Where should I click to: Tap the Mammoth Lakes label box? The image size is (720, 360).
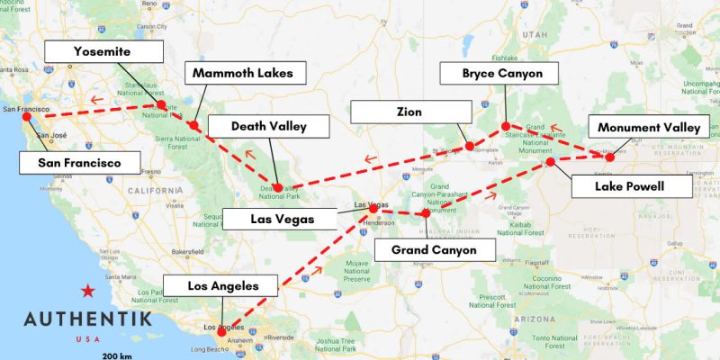tap(245, 73)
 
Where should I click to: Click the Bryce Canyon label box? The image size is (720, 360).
tap(502, 74)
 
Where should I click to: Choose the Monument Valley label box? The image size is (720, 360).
tap(648, 128)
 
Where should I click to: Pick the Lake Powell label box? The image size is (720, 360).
tap(631, 186)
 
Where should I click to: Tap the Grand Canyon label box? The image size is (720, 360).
tap(434, 249)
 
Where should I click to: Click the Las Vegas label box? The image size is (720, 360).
tap(280, 218)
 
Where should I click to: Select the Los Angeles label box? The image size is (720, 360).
tap(222, 286)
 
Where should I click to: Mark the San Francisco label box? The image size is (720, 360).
tap(80, 163)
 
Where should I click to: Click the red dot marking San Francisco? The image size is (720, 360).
tap(26, 116)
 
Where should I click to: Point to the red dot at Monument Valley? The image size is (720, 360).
tap(609, 157)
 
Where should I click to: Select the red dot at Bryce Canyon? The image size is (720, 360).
tap(506, 126)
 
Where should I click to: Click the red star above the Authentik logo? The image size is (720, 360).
tap(87, 290)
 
